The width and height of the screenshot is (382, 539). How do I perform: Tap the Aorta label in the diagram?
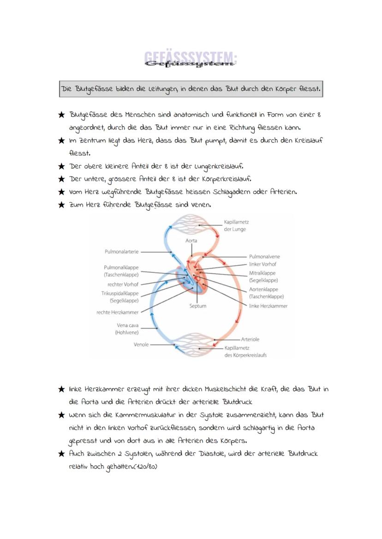pyautogui.click(x=191, y=241)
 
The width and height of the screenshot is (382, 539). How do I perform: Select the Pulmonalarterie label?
pyautogui.click(x=121, y=252)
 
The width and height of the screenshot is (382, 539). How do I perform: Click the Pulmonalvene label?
pyautogui.click(x=264, y=256)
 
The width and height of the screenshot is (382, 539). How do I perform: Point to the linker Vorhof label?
pyautogui.click(x=263, y=264)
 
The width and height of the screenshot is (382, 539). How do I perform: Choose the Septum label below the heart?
pyautogui.click(x=198, y=306)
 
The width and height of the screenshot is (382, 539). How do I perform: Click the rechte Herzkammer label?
pyautogui.click(x=117, y=312)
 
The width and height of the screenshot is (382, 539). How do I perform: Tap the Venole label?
pyautogui.click(x=141, y=344)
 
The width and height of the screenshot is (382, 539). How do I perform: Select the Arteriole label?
pyautogui.click(x=250, y=339)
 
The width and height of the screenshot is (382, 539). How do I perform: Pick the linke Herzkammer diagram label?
pyautogui.click(x=268, y=306)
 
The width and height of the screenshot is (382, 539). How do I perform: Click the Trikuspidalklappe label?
pyautogui.click(x=120, y=293)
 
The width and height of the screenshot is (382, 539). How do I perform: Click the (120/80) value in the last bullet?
pyautogui.click(x=145, y=466)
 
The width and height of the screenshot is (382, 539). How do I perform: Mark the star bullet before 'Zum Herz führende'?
pyautogui.click(x=61, y=205)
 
